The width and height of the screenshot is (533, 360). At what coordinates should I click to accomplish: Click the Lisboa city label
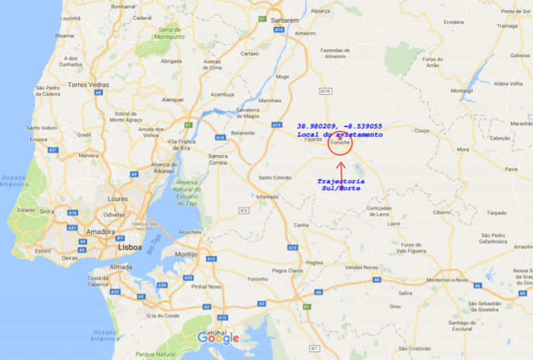(x=129, y=247)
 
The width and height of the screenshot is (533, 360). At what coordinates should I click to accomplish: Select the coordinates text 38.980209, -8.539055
(x=339, y=126)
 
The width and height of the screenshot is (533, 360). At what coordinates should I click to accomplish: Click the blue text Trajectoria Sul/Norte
(x=340, y=184)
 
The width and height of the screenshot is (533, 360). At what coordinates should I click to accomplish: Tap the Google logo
(x=218, y=337)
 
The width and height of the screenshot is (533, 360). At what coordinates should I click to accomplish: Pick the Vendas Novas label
(x=362, y=267)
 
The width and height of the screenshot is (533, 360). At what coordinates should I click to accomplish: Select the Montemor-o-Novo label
(x=447, y=280)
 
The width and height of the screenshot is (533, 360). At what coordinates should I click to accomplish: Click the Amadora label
(x=100, y=232)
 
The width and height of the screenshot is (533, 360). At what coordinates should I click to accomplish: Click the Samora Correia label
(x=218, y=160)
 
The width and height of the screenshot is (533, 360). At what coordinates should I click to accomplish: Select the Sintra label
(x=47, y=212)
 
